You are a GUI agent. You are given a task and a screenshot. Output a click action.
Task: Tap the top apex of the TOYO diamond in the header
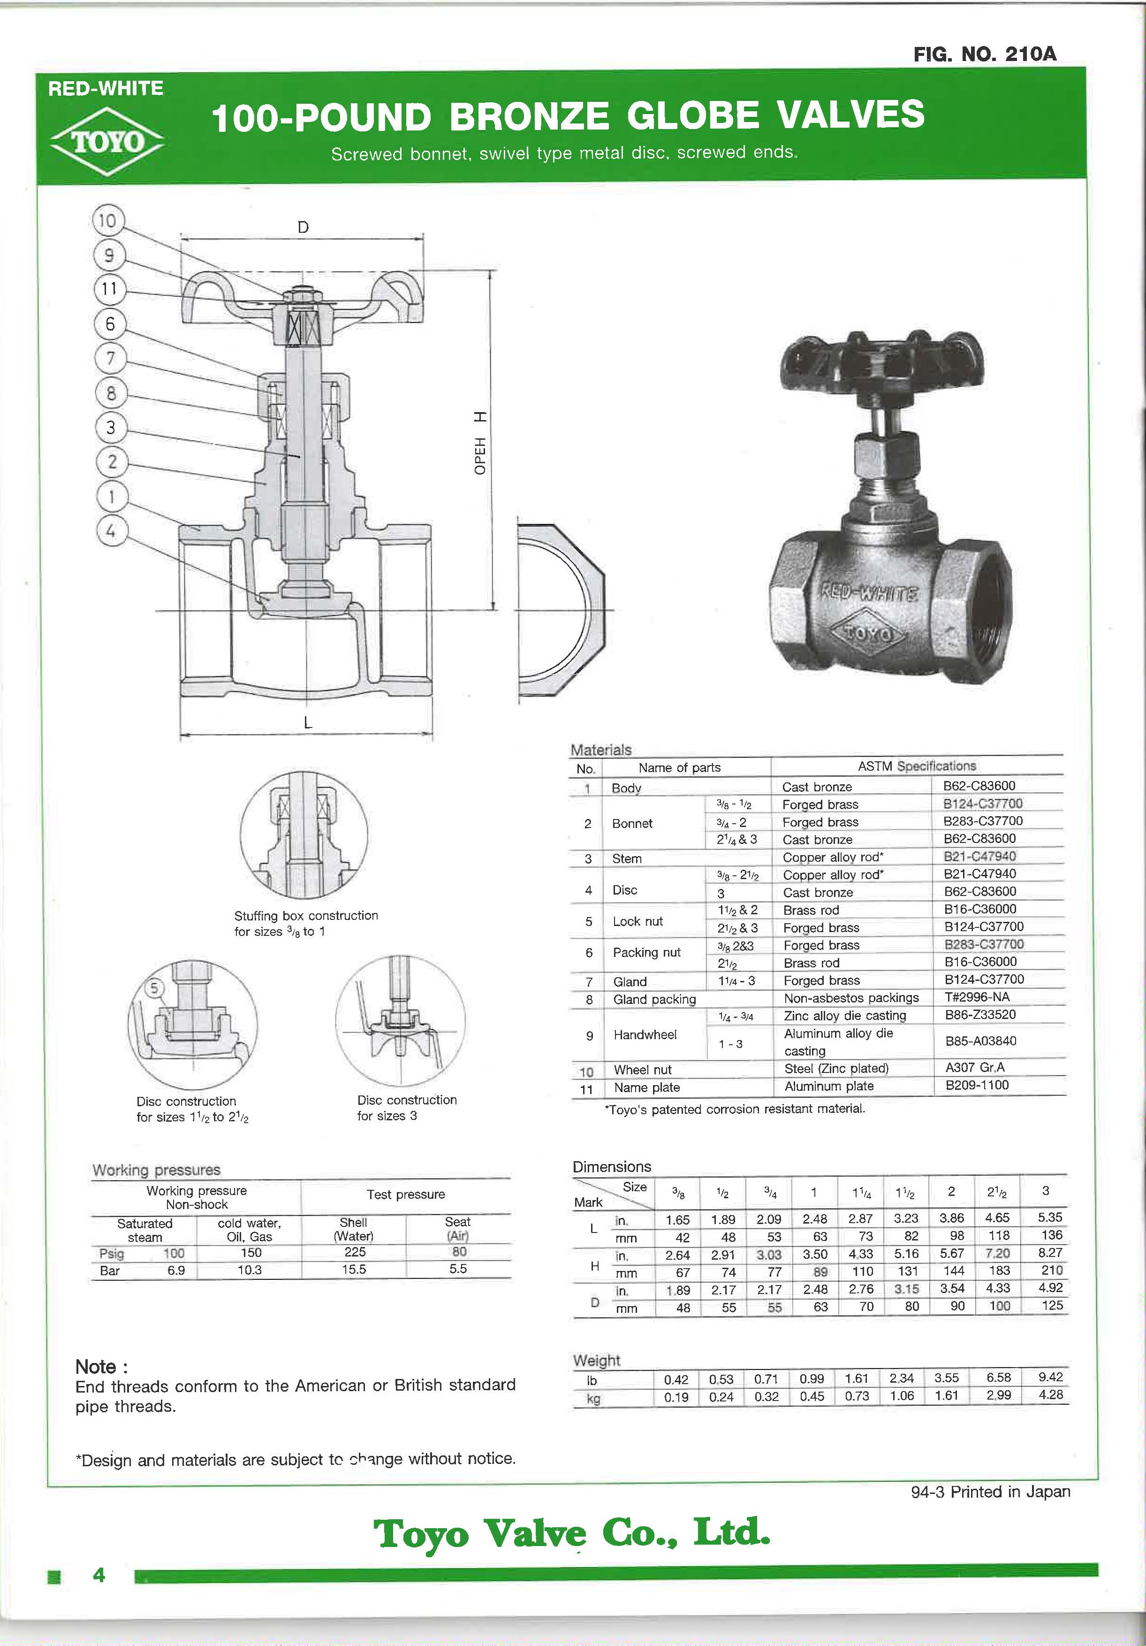click(107, 107)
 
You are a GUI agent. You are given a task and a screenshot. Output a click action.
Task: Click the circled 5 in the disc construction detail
click(154, 988)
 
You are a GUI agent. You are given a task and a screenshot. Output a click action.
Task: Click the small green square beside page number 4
click(53, 1576)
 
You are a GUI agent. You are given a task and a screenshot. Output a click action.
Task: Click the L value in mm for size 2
click(957, 1236)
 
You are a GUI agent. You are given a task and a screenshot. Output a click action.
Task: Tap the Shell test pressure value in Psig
click(355, 1252)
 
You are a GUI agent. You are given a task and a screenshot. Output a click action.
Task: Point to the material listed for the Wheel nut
click(836, 1068)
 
